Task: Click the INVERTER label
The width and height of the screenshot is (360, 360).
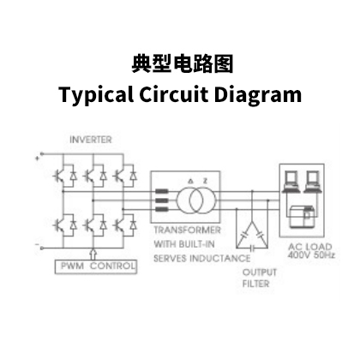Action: click(x=91, y=140)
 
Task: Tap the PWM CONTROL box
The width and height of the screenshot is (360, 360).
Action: click(x=96, y=267)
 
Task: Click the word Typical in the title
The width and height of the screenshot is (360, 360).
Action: click(x=96, y=94)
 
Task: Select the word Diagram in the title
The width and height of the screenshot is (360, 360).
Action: click(x=257, y=94)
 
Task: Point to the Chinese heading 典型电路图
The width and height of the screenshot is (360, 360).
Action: click(x=183, y=64)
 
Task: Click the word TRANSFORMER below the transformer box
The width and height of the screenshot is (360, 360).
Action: click(x=187, y=230)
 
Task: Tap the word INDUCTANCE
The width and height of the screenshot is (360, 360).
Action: click(x=220, y=258)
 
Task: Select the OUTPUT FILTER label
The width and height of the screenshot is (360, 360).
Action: click(x=260, y=278)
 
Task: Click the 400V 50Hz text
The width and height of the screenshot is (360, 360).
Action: click(x=311, y=255)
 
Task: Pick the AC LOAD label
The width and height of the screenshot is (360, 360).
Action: click(x=310, y=247)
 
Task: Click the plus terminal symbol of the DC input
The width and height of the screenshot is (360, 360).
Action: click(x=37, y=158)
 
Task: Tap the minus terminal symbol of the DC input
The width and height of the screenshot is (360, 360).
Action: click(x=37, y=244)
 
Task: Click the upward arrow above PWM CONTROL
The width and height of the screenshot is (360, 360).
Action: click(x=93, y=254)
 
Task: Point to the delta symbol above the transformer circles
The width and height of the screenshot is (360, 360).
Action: click(x=190, y=181)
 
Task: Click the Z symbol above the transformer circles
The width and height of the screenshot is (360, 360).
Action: click(x=205, y=181)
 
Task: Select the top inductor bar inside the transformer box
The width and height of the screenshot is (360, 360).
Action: click(x=162, y=191)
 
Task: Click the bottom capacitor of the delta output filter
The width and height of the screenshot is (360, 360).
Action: click(x=252, y=247)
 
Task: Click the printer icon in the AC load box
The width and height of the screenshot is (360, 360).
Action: click(x=303, y=216)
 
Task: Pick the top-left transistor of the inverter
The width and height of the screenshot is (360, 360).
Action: click(x=59, y=176)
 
